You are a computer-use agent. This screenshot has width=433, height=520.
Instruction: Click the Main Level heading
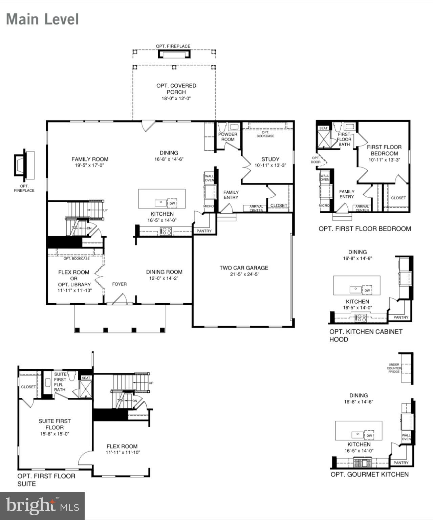point(42,19)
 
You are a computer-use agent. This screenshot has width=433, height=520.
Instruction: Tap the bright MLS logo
point(42,506)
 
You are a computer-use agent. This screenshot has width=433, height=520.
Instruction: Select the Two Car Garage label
point(244,268)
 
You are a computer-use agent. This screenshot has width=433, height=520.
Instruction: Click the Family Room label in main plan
point(90,159)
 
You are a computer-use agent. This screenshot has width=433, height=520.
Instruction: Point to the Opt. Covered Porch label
point(176,89)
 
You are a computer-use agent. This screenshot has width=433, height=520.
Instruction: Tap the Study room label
point(270,159)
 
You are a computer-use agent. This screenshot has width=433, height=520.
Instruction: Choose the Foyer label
point(119,284)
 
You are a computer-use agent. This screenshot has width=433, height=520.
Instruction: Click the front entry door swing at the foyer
point(120,299)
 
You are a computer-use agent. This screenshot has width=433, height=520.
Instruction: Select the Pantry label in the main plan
point(204,231)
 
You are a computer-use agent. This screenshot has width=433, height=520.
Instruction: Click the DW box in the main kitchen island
point(172,203)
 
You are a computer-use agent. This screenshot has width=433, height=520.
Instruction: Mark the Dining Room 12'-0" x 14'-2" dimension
point(164,278)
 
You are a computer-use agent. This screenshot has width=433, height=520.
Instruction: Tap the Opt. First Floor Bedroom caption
point(365,229)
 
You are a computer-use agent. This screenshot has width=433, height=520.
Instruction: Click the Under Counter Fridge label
point(394,368)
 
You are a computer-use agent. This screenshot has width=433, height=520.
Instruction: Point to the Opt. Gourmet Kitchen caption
point(369,474)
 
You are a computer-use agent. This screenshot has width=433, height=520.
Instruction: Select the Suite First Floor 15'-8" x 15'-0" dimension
point(55,434)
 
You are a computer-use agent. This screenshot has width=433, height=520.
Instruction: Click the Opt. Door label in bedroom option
point(316,160)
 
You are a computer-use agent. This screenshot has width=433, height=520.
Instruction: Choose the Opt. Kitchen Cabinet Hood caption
point(366,335)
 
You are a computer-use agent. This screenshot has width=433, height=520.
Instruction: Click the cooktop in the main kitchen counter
point(166,231)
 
